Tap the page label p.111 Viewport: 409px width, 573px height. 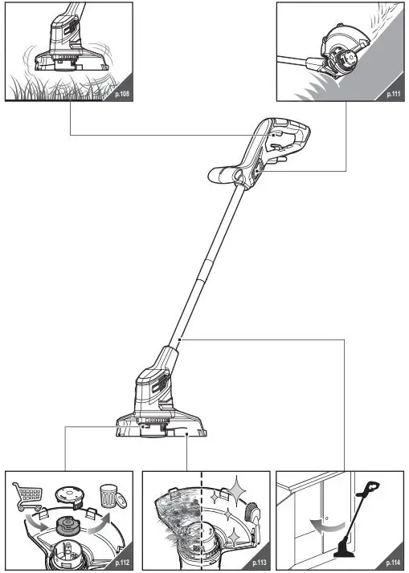pos(393,93)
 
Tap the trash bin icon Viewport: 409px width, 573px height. pos(110,495)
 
